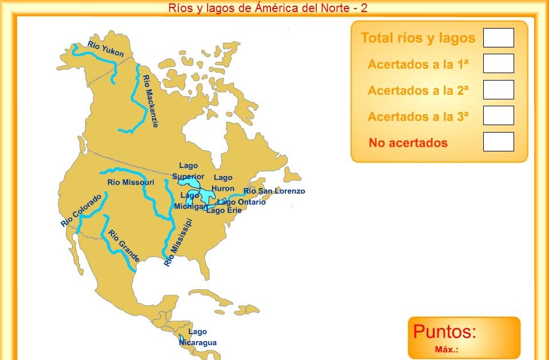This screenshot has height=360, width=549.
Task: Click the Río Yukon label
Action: pos(106,49)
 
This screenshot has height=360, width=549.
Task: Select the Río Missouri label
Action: pos(130,182)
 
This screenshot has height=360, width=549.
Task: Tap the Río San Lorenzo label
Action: pos(274,191)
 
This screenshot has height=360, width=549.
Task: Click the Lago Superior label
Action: pos(188,171)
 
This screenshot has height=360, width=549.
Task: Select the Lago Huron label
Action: pos(223,183)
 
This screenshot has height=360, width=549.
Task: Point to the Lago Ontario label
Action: pos(241,202)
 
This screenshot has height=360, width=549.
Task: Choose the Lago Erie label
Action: pos(224,210)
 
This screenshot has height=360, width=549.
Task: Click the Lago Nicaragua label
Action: pos(198,337)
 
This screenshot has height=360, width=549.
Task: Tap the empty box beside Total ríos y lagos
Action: pos(498,38)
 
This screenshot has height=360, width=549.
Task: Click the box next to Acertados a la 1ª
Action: pos(498,63)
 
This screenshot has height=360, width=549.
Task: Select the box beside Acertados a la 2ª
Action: pos(498,90)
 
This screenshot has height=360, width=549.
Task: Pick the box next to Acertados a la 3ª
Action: pos(498,115)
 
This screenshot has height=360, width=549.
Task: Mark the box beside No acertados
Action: pos(498,142)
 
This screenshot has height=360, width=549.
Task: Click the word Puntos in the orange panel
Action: pos(444,331)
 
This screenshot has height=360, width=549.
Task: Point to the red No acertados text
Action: pos(408,143)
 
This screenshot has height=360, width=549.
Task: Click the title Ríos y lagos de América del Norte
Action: pos(268,8)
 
